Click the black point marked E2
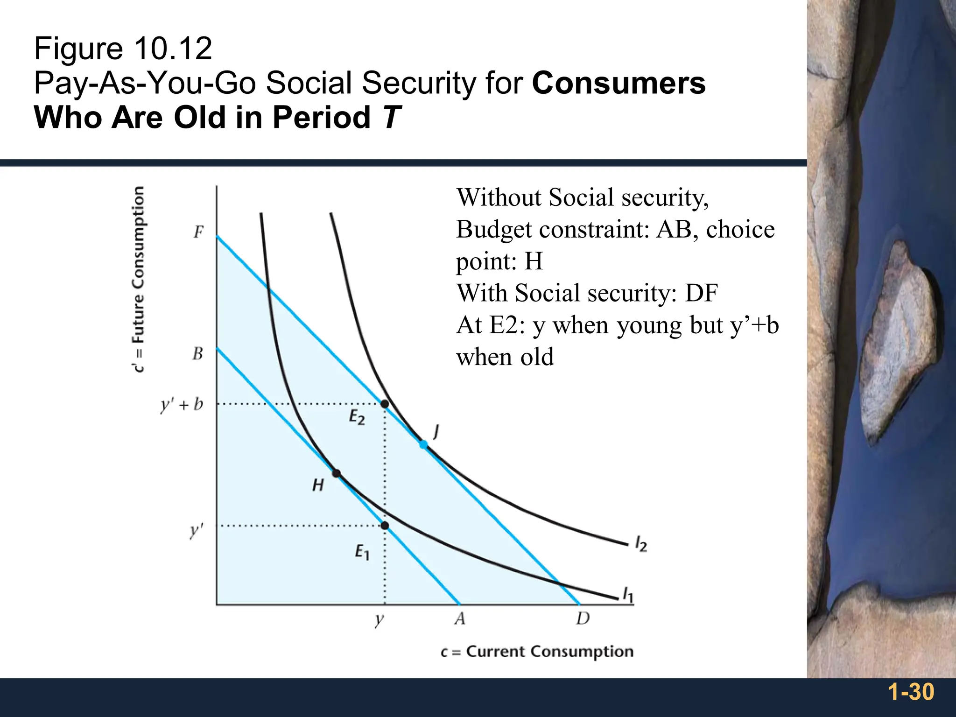(385, 404)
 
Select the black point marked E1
(385, 526)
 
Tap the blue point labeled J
(423, 444)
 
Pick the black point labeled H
(336, 473)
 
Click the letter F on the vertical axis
(199, 232)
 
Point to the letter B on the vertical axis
(198, 353)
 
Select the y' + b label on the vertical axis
(182, 404)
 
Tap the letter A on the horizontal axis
(460, 619)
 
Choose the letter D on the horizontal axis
(583, 619)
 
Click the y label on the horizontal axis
(380, 620)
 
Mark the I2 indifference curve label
(641, 544)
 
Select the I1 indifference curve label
(628, 595)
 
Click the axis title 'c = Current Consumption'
(537, 652)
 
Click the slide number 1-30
(911, 692)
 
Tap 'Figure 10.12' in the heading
(123, 49)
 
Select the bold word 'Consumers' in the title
(619, 83)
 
